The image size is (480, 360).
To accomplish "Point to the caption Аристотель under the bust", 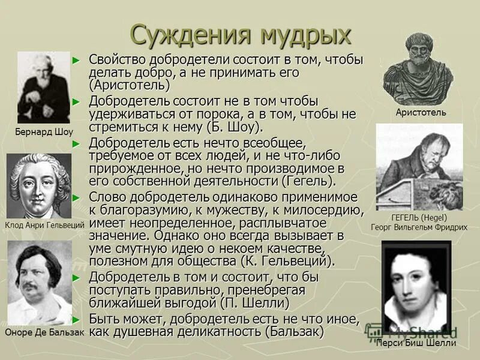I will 421,112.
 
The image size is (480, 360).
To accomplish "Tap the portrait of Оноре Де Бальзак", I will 40,282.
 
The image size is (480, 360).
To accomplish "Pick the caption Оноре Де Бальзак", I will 44,331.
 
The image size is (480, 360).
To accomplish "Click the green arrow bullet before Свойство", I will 76,60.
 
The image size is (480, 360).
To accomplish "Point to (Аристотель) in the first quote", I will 129,85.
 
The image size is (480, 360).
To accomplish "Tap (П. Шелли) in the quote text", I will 255,302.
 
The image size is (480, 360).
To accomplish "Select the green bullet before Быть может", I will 76,319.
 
